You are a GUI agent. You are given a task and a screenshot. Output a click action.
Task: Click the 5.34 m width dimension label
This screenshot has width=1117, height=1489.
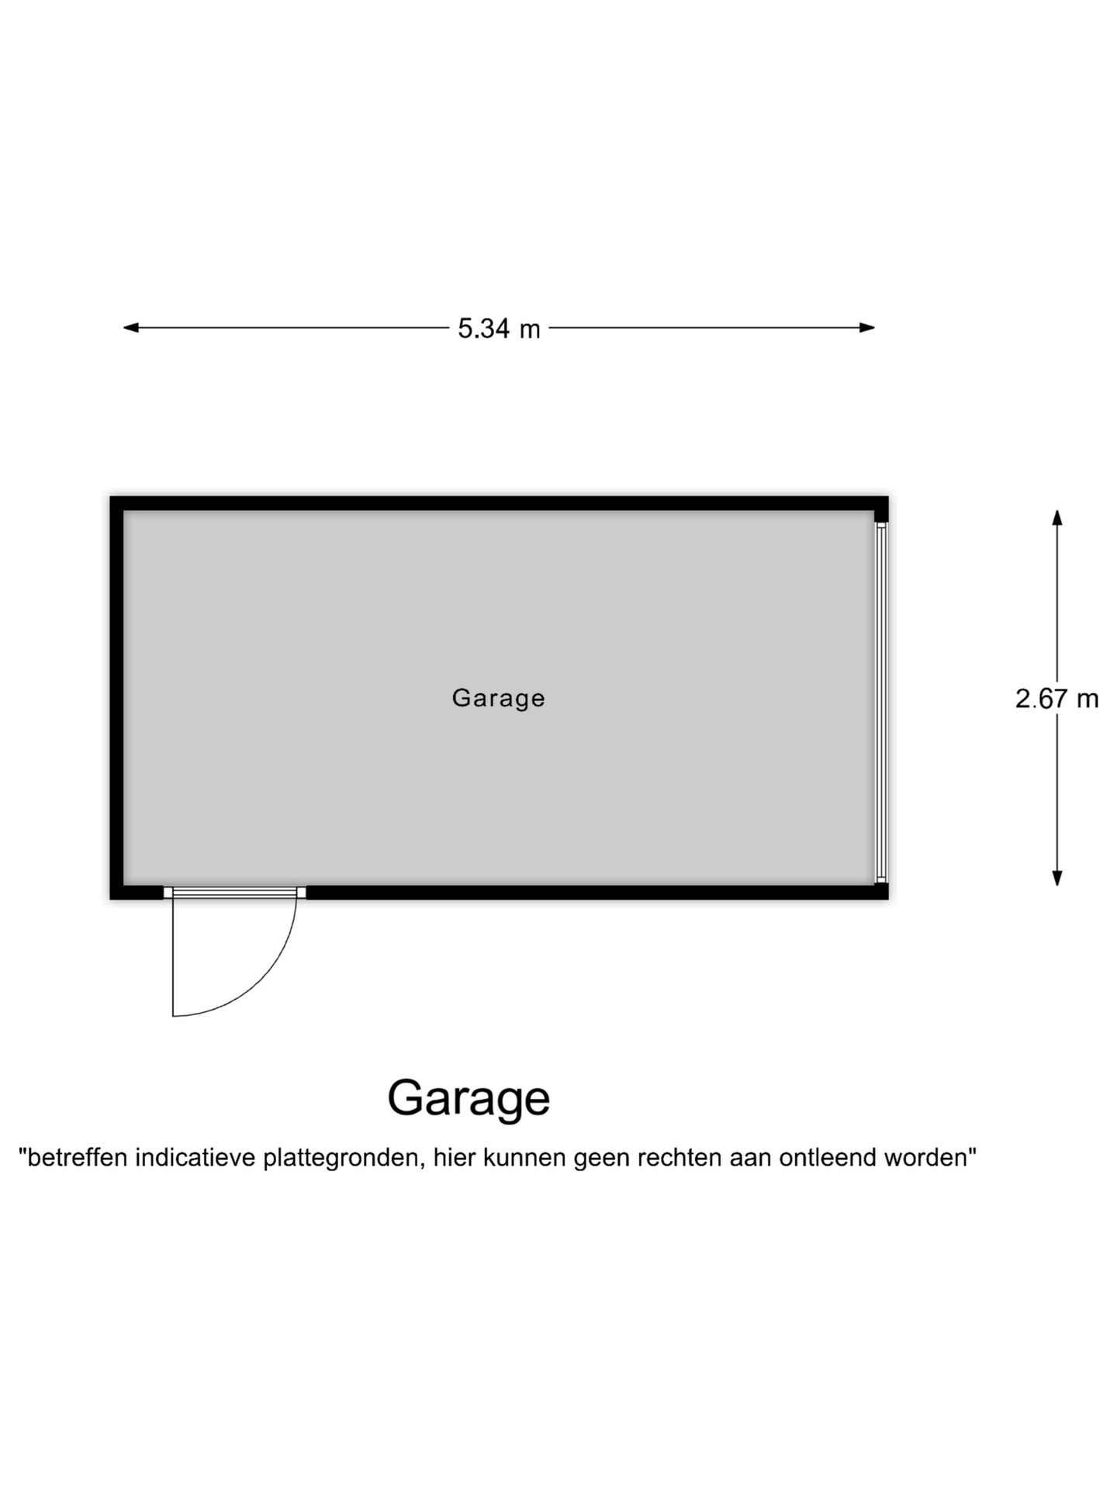pos(499,329)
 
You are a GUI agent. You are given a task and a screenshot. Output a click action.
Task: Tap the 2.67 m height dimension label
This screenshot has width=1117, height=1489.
pos(1056,699)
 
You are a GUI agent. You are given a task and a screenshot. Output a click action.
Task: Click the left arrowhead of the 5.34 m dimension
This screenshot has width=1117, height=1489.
pos(131,327)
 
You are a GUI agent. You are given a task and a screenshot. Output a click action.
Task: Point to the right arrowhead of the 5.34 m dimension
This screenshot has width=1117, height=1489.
pos(867,327)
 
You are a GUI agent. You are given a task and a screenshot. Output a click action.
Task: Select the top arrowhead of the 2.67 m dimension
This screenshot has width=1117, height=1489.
pos(1056,518)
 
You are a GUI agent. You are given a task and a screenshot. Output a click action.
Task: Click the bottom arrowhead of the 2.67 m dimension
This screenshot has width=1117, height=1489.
pos(1056,878)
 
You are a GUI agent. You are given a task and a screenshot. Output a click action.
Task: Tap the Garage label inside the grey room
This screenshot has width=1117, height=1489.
pos(499,698)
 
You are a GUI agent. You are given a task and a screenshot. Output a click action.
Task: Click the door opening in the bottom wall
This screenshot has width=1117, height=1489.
pos(235,893)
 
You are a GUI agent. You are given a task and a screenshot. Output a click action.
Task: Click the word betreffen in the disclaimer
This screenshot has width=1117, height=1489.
pos(77,1158)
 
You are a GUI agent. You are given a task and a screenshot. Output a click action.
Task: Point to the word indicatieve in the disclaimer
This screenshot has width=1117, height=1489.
pos(195,1158)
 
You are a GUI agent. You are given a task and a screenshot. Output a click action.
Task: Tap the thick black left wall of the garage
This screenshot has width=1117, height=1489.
pos(116,698)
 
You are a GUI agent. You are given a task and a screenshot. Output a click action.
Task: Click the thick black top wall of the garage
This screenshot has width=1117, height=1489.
pos(499,503)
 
